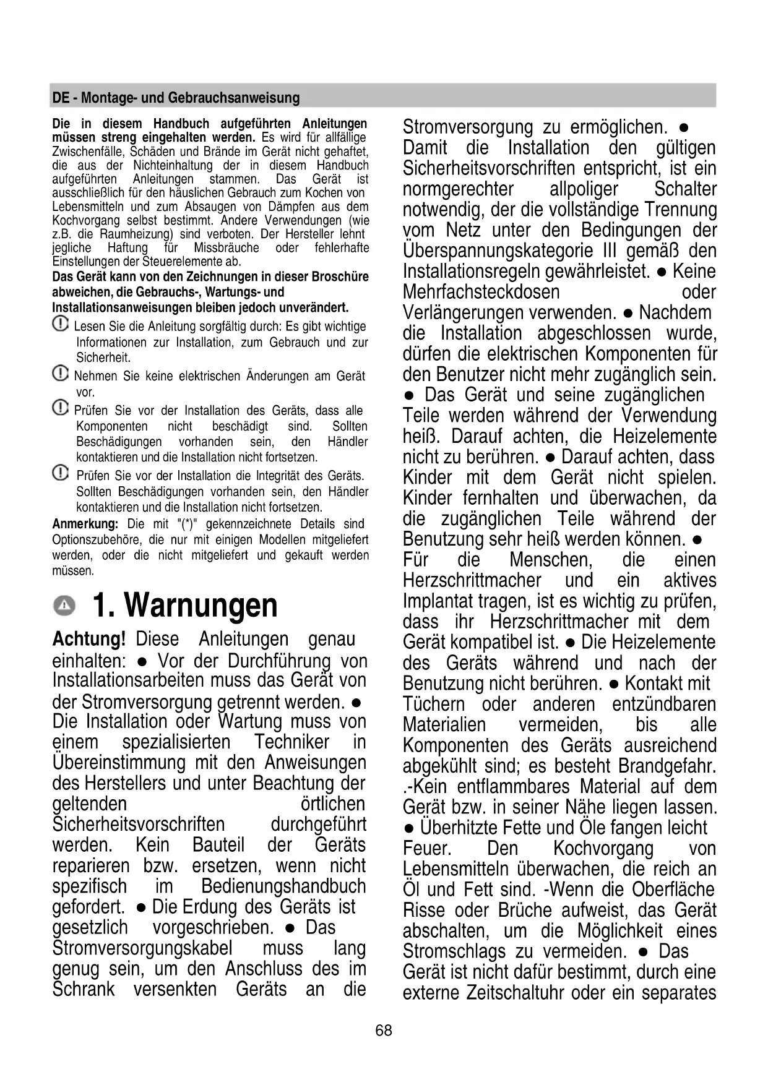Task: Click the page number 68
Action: click(384, 1030)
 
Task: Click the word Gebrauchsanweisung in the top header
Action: click(234, 98)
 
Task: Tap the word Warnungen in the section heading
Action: click(201, 605)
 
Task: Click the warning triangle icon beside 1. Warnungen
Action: click(64, 606)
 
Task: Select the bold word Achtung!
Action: click(89, 639)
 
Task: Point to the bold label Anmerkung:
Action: click(85, 524)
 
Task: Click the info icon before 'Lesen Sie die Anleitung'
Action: click(60, 324)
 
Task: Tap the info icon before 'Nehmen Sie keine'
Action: click(60, 374)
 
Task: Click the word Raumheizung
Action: click(136, 234)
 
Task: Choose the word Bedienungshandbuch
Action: click(283, 886)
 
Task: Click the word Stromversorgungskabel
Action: click(142, 948)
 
